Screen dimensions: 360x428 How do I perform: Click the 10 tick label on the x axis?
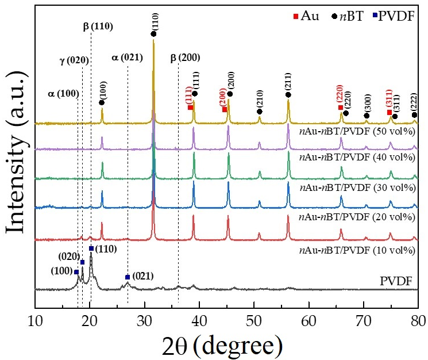[x=36, y=321]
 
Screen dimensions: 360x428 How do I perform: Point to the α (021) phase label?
[x=127, y=58]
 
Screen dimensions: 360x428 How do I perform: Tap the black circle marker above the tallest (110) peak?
[x=153, y=34]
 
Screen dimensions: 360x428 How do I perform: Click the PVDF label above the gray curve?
[x=397, y=280]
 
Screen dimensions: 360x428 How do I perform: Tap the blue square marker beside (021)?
[x=128, y=277]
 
